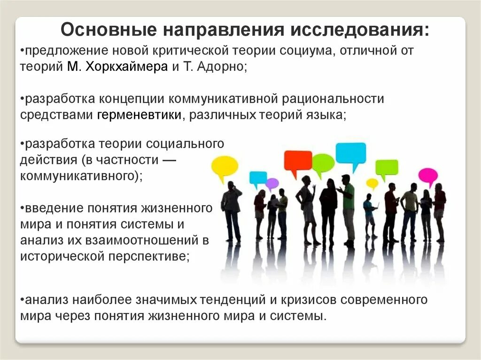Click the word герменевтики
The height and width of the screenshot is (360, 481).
click(x=140, y=115)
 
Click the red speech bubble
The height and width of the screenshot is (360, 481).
click(x=298, y=161)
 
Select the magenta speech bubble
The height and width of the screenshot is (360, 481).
click(x=427, y=176)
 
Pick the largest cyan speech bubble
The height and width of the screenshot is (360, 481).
click(x=350, y=153)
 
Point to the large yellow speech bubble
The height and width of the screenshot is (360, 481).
click(x=225, y=166)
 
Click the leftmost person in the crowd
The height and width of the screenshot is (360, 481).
click(x=232, y=211)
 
